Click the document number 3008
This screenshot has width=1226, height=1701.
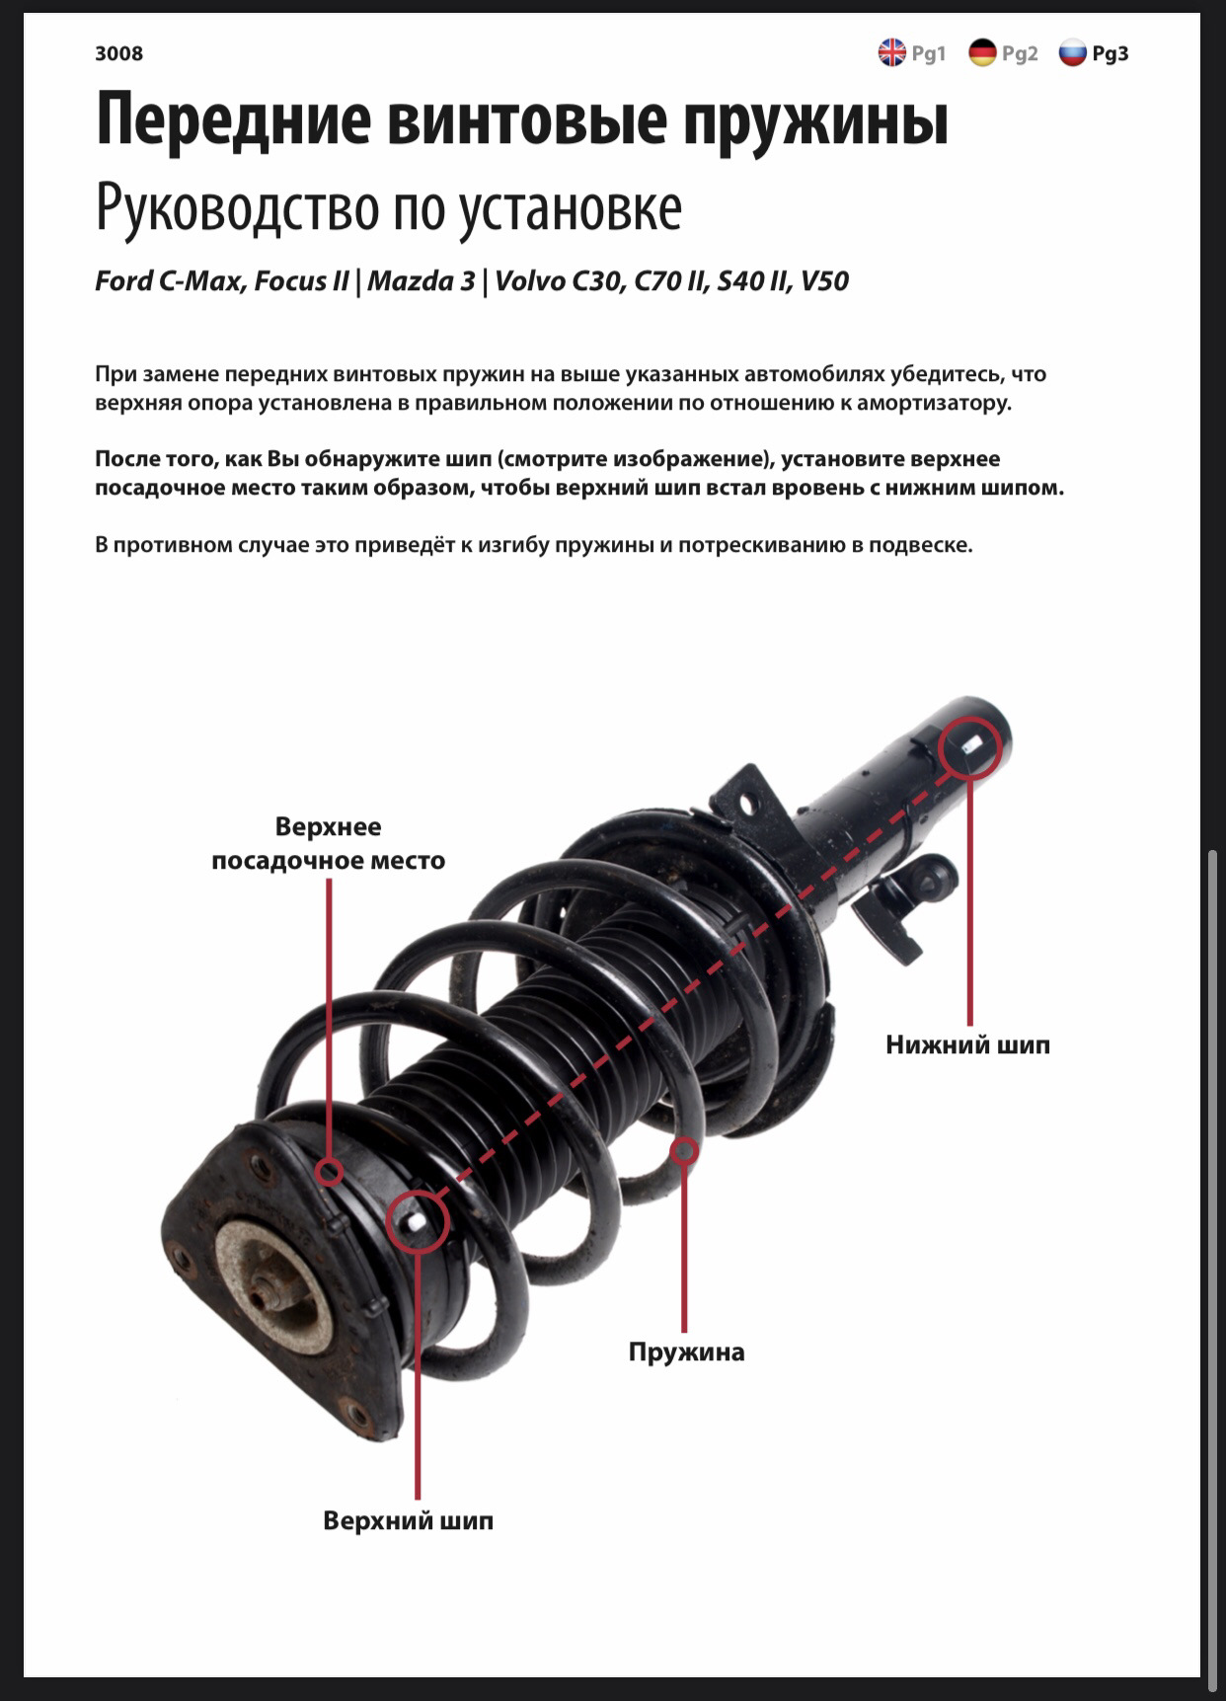[x=118, y=53]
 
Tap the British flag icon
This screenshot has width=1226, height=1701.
[x=892, y=52]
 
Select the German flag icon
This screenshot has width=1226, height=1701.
[x=983, y=52]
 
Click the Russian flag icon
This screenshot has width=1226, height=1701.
[x=1073, y=52]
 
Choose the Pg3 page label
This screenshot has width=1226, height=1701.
[x=1111, y=53]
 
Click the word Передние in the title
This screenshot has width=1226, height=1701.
[x=234, y=120]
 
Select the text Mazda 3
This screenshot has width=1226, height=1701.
[x=421, y=281]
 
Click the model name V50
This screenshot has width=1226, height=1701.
[x=824, y=281]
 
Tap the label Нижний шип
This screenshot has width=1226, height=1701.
[x=967, y=1044]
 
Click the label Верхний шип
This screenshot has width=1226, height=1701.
[x=408, y=1520]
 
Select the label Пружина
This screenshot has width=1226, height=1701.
[x=686, y=1352]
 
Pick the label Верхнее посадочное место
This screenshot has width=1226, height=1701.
[x=329, y=843]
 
